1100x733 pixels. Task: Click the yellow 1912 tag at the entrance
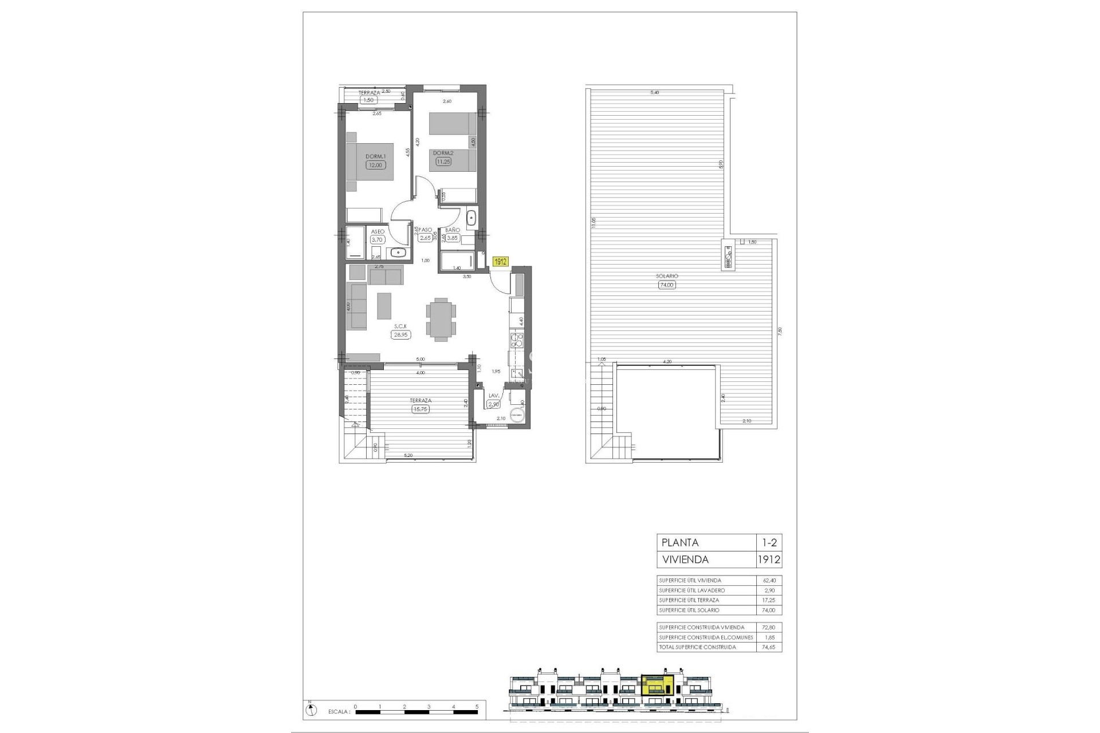(500, 262)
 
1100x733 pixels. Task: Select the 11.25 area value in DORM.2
(443, 162)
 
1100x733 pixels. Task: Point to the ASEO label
(378, 232)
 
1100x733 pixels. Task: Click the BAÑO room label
(453, 230)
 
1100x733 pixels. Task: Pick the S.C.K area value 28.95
(401, 335)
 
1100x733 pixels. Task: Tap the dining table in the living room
(441, 319)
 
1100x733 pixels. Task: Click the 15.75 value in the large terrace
(421, 409)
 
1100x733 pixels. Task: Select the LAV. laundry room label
(493, 396)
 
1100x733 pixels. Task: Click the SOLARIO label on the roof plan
(667, 276)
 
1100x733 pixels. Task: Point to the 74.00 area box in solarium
(667, 285)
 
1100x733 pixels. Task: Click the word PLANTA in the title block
(680, 543)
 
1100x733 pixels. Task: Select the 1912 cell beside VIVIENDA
(769, 559)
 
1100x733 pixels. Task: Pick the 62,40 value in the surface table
(769, 581)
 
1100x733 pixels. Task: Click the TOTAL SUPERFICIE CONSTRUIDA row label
(697, 647)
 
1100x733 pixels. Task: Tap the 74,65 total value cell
(769, 647)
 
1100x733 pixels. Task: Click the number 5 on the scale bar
(477, 707)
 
